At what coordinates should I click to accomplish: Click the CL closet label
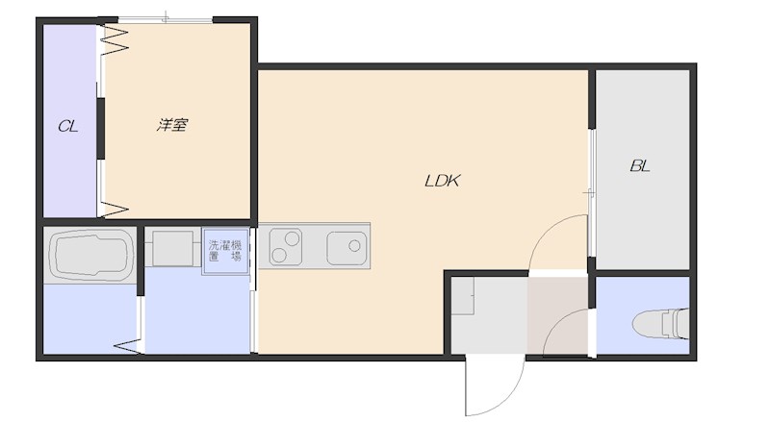pyautogui.click(x=67, y=127)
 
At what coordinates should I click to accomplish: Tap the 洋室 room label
pyautogui.click(x=172, y=125)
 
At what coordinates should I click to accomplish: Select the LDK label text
pyautogui.click(x=442, y=181)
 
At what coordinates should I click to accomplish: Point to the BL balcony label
pyautogui.click(x=640, y=166)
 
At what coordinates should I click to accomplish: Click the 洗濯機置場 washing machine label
pyautogui.click(x=225, y=250)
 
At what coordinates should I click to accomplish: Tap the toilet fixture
pyautogui.click(x=661, y=324)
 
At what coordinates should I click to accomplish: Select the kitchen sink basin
pyautogui.click(x=346, y=246)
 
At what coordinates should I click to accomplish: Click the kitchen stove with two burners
pyautogui.click(x=285, y=246)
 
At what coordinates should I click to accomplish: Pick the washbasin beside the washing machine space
pyautogui.click(x=173, y=248)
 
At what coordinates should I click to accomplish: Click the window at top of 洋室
pyautogui.click(x=166, y=20)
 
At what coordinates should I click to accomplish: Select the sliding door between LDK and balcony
pyautogui.click(x=592, y=192)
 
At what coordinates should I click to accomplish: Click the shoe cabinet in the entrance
pyautogui.click(x=462, y=296)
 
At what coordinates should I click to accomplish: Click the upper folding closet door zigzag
pyautogui.click(x=115, y=39)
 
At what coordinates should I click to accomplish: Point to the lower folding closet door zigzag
pyautogui.click(x=115, y=209)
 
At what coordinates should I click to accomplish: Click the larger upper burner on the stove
pyautogui.click(x=293, y=239)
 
